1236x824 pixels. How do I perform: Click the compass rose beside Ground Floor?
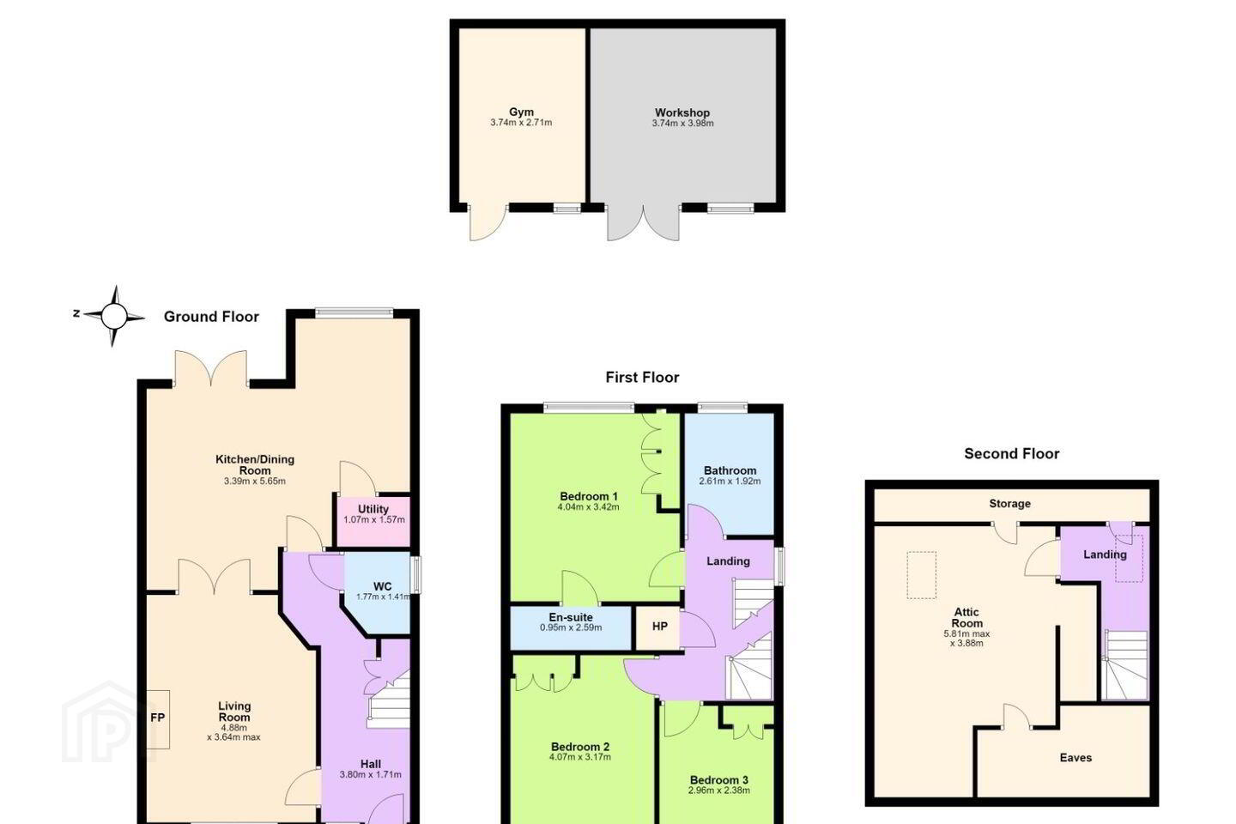[x=113, y=316]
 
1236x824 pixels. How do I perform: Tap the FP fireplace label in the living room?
[x=158, y=718]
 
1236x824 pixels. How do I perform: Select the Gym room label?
[x=522, y=112]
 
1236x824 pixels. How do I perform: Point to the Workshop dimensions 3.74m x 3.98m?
[x=682, y=123]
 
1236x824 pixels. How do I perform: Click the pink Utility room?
[x=373, y=521]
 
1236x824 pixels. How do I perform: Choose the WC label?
[x=383, y=586]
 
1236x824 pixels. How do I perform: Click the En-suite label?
[x=571, y=617]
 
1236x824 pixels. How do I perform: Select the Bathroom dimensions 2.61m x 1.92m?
[x=730, y=482]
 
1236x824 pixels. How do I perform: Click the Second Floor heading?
[x=1011, y=454]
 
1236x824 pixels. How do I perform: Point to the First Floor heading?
[x=642, y=378]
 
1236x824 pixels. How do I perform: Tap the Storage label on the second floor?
[x=1009, y=503]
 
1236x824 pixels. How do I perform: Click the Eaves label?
[x=1075, y=758]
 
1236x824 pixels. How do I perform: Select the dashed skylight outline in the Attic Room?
[x=922, y=575]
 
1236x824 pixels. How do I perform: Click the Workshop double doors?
[x=644, y=223]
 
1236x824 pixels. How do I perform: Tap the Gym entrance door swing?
[x=488, y=222]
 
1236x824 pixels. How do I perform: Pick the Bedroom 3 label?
[x=719, y=780]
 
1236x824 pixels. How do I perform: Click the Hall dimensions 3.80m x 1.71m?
[x=370, y=774]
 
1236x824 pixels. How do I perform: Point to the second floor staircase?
[x=1125, y=665]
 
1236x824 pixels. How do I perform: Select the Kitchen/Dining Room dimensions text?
[x=255, y=482]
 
